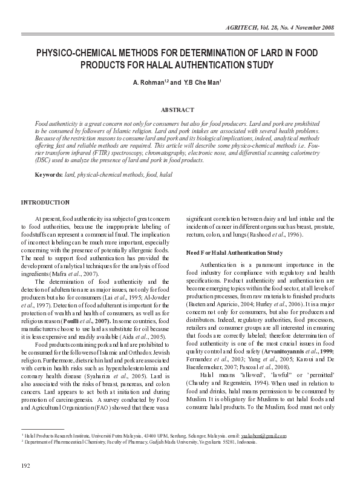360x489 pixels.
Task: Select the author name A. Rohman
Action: pos(145,82)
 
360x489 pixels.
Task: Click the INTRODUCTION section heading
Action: pos(45,202)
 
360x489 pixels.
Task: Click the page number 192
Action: pos(26,464)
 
